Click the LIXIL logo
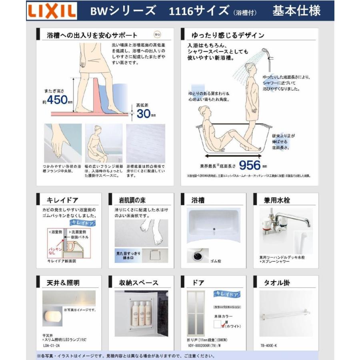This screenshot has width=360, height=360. click(51, 12)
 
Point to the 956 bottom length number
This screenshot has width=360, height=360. click(250, 164)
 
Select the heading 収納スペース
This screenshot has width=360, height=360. click(138, 282)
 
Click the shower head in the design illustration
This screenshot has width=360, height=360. click(265, 52)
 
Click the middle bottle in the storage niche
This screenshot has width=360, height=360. click(141, 312)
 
